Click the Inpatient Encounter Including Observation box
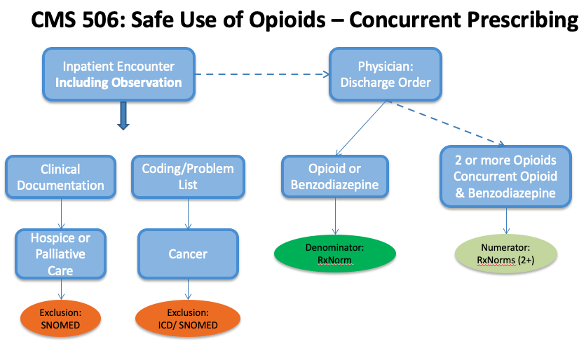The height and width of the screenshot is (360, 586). point(119,74)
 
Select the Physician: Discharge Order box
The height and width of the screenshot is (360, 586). point(386,74)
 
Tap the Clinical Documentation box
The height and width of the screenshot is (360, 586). point(60,177)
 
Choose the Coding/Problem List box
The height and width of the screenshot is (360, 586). point(188,177)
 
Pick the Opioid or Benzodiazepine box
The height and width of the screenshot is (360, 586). point(335,176)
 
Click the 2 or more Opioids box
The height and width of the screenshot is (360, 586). point(505,176)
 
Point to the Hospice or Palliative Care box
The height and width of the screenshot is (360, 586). point(60,254)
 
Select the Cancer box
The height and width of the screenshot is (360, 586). point(188,254)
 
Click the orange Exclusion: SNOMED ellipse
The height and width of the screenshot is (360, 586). point(60,319)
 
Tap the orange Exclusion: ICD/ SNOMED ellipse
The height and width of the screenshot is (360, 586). point(188,319)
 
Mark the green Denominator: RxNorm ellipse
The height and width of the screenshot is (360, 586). point(335,254)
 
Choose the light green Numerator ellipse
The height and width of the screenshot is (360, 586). point(506,254)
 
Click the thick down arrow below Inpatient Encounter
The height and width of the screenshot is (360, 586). point(123,116)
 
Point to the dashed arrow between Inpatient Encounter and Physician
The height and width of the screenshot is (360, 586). point(262,74)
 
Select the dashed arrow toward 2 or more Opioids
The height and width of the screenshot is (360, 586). point(446,123)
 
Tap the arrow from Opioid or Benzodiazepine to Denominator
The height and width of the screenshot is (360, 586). point(335,216)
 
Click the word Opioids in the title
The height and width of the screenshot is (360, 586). point(287,20)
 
